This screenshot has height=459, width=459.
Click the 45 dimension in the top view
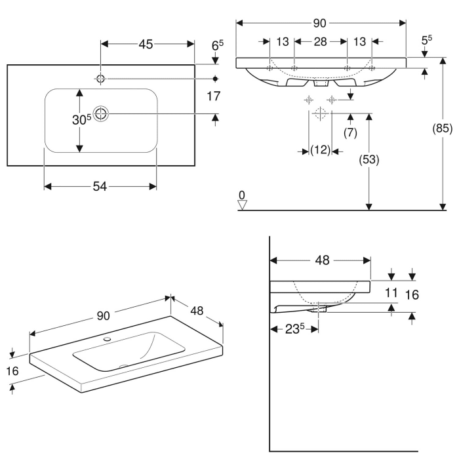pyautogui.click(x=146, y=45)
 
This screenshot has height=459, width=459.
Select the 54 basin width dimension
pyautogui.click(x=100, y=187)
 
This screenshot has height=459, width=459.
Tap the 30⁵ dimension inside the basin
pyautogui.click(x=81, y=119)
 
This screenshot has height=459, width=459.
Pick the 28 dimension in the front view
pyautogui.click(x=319, y=42)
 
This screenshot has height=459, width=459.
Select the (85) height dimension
pyautogui.click(x=444, y=129)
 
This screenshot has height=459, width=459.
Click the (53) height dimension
pyautogui.click(x=370, y=159)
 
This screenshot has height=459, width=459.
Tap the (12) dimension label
pyautogui.click(x=320, y=151)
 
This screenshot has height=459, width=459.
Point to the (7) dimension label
pyautogui.click(x=350, y=132)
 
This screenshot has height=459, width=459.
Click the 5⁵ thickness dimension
pyautogui.click(x=426, y=40)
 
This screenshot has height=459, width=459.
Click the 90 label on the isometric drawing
pyautogui.click(x=103, y=315)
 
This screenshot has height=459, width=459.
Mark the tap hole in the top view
pyautogui.click(x=100, y=78)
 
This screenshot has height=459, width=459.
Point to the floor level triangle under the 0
pyautogui.click(x=243, y=205)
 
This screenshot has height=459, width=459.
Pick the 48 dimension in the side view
pyautogui.click(x=321, y=260)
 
